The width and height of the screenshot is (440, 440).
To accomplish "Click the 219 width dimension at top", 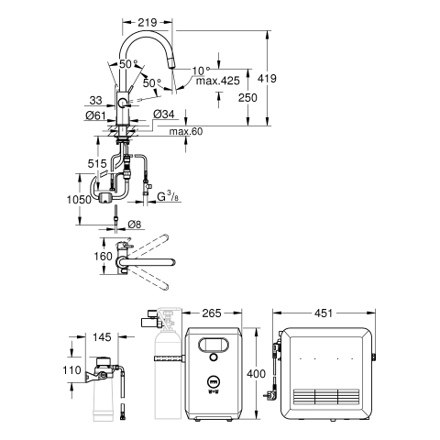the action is point(148,22).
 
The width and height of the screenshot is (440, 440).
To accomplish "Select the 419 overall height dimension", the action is point(267,79).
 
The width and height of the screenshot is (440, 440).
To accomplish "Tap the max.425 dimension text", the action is point(218,81).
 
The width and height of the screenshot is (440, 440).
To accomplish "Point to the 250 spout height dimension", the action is point(247,98).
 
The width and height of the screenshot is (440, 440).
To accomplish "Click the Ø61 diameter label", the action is point(95,115).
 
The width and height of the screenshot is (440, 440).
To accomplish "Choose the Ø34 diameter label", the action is point(163,115).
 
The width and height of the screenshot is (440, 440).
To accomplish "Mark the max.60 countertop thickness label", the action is point(186,131).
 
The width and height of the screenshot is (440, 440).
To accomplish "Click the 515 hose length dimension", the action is point(97,164).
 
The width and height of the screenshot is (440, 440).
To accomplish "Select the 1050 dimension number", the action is point(79,200).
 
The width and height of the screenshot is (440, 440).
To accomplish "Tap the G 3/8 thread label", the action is point(168,196).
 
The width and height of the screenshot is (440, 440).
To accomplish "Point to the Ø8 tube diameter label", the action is point(135,225).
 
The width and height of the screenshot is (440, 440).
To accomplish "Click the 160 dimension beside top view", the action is point(103,256).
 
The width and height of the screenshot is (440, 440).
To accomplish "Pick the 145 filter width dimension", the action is point(102,337).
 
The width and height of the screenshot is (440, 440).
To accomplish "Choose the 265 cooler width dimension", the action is point(212,313).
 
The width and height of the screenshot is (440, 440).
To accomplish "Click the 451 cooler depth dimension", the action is point(324,313).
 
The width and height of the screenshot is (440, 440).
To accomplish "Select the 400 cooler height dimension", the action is point(256,374).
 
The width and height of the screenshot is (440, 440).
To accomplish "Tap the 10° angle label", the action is point(202,71).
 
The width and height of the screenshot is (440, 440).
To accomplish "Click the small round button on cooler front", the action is point(214,357).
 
